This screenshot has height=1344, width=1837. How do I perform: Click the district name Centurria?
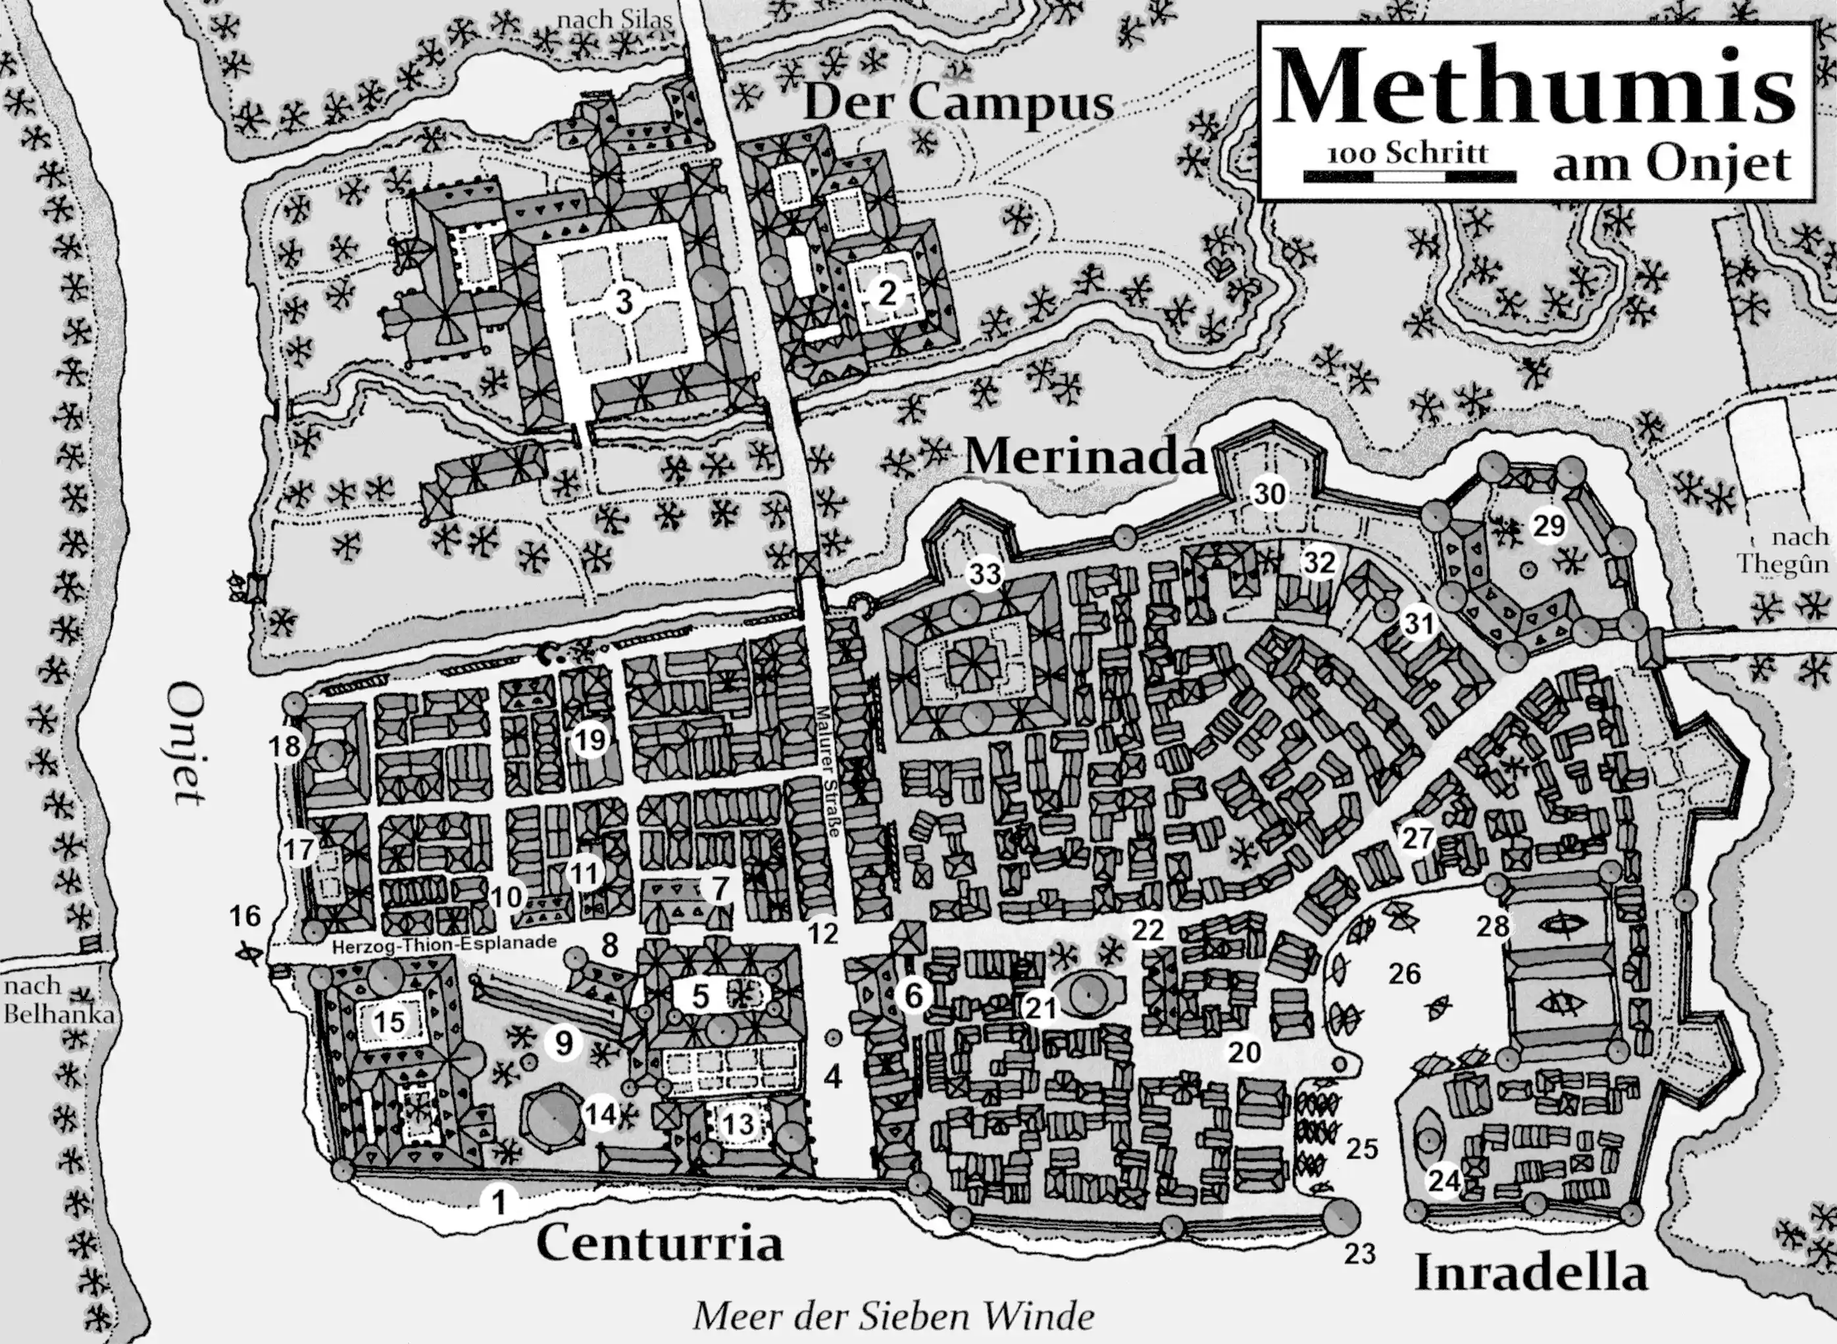tap(659, 1243)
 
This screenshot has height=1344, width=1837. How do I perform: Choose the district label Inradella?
tap(1530, 1272)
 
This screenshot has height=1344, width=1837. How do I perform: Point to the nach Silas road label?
tap(615, 20)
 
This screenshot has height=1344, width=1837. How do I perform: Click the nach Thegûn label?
tap(1782, 551)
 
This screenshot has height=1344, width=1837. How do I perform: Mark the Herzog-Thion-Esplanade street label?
tap(444, 943)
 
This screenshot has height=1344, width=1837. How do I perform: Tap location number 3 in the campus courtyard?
tap(624, 302)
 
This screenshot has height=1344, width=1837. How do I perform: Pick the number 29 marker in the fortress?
tap(1549, 525)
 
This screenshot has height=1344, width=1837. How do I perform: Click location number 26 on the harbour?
tap(1405, 974)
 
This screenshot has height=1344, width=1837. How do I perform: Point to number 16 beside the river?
tap(244, 916)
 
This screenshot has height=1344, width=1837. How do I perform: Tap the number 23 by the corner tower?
tap(1359, 1254)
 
